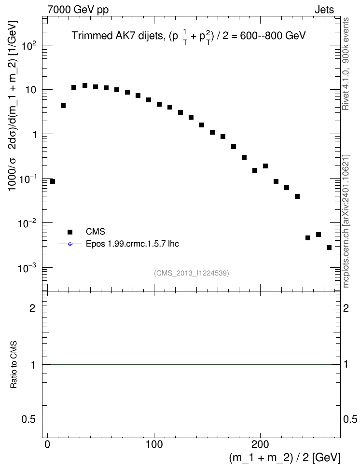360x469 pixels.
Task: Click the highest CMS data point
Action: click(84, 85)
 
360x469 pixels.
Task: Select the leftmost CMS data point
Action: click(53, 181)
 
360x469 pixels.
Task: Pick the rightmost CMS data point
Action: click(329, 248)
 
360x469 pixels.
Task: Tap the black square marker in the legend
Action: click(70, 232)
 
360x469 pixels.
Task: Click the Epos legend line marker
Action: click(70, 244)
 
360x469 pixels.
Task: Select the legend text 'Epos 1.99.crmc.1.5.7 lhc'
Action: click(132, 244)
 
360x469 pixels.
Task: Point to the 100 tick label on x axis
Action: click(154, 444)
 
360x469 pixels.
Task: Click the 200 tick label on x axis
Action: click(260, 444)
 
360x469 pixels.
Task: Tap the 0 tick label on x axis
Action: click(48, 444)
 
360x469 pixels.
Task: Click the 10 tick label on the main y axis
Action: click(31, 90)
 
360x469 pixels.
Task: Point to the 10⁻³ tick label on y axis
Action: click(28, 268)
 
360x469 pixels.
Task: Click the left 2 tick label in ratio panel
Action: click(32, 308)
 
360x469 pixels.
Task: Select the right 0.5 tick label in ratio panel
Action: click(350, 419)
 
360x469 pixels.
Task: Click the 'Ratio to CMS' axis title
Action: click(14, 365)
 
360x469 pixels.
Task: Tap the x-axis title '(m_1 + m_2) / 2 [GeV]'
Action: click(285, 458)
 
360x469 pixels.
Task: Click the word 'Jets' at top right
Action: click(324, 10)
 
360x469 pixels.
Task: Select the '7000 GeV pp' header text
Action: click(78, 10)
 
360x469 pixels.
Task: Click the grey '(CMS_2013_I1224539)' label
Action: click(192, 273)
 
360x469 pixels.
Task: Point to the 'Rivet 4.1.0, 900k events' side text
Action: click(346, 64)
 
